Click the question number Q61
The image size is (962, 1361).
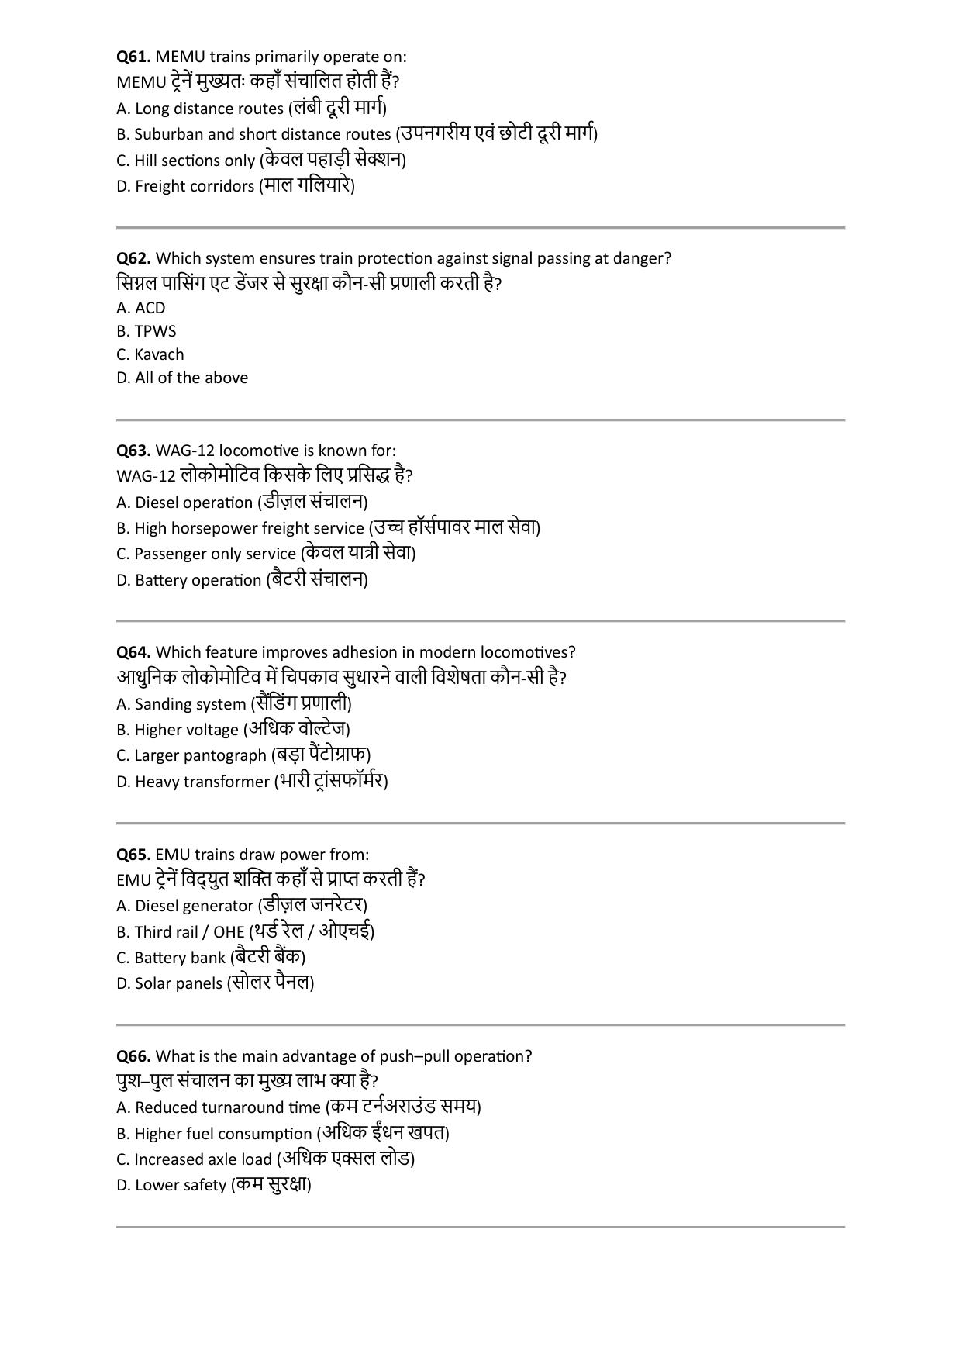133,57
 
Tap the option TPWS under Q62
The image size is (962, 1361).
147,331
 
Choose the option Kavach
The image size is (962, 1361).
150,354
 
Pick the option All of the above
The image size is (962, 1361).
182,378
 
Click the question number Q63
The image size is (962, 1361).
133,451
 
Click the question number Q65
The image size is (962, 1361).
133,855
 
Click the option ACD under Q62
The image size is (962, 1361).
141,308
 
